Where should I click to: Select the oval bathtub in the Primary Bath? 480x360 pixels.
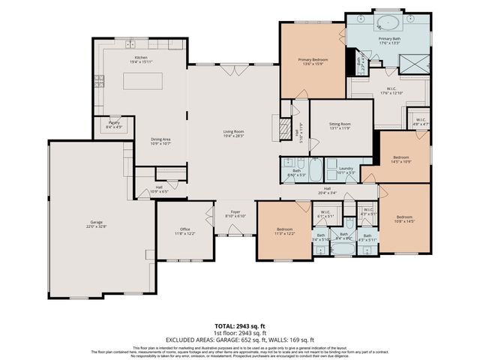click(x=388, y=22)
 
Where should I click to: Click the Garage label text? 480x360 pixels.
click(x=96, y=223)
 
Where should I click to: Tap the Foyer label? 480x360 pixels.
click(x=235, y=213)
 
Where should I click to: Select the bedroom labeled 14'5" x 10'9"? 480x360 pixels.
click(x=402, y=158)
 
